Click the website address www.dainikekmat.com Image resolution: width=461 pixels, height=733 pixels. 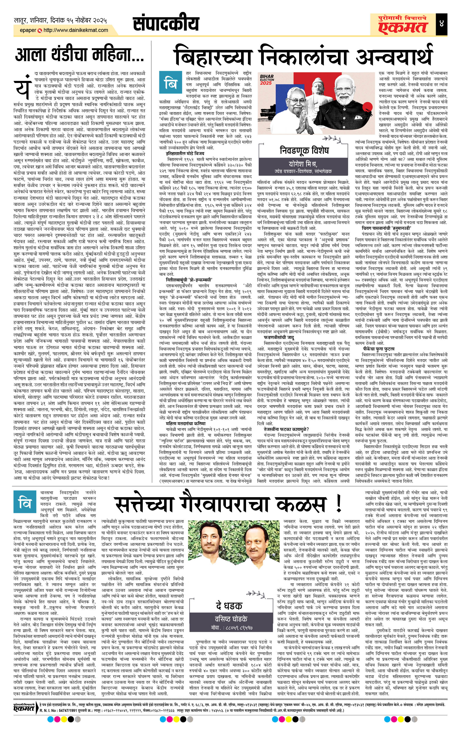(x=76, y=30)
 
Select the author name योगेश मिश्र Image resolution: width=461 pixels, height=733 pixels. (x=303, y=164)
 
